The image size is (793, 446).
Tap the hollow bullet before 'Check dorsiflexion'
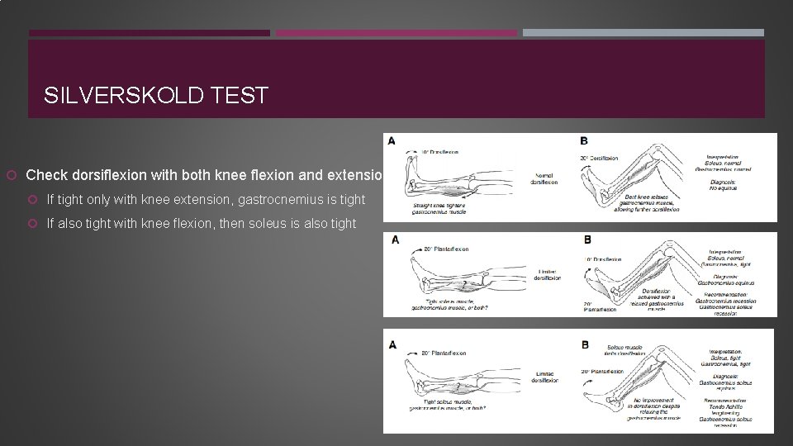pyautogui.click(x=12, y=175)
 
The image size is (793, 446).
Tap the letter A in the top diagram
pyautogui.click(x=392, y=140)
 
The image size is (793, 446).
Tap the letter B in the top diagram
pyautogui.click(x=584, y=141)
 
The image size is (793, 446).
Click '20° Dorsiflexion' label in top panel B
pyautogui.click(x=599, y=158)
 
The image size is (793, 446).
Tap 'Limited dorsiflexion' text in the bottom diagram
pyautogui.click(x=546, y=376)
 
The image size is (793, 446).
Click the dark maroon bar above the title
pyautogui.click(x=150, y=33)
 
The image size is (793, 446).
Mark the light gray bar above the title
pyautogui.click(x=643, y=33)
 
